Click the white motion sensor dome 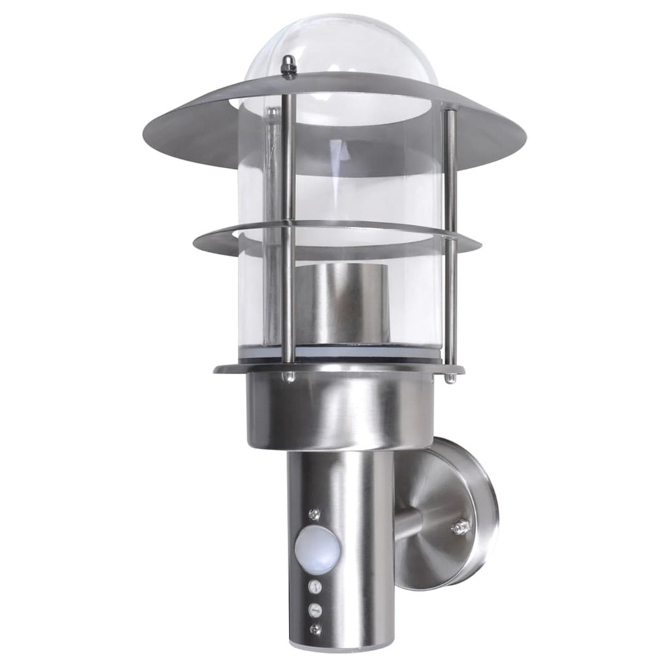[316, 548]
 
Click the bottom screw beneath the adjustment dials [316, 629]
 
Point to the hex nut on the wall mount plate [461, 527]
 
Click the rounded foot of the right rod [451, 378]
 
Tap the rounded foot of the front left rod [289, 377]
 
